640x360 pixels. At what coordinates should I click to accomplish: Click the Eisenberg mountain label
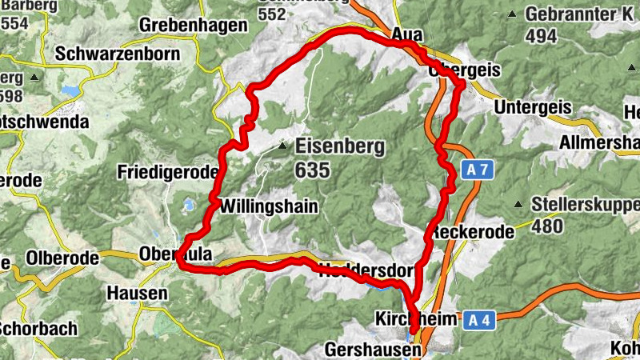click(340, 147)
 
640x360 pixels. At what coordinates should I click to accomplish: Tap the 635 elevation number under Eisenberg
click(312, 170)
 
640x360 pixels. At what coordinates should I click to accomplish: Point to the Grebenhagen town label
click(193, 26)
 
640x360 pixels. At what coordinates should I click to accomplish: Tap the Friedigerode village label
click(167, 172)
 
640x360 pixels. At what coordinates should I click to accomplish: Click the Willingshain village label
click(268, 206)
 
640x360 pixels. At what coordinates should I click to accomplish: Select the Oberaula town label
click(175, 254)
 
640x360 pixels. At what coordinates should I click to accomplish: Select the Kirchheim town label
click(416, 320)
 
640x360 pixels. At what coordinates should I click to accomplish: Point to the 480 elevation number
click(547, 226)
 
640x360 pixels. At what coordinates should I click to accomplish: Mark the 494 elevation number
click(542, 36)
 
